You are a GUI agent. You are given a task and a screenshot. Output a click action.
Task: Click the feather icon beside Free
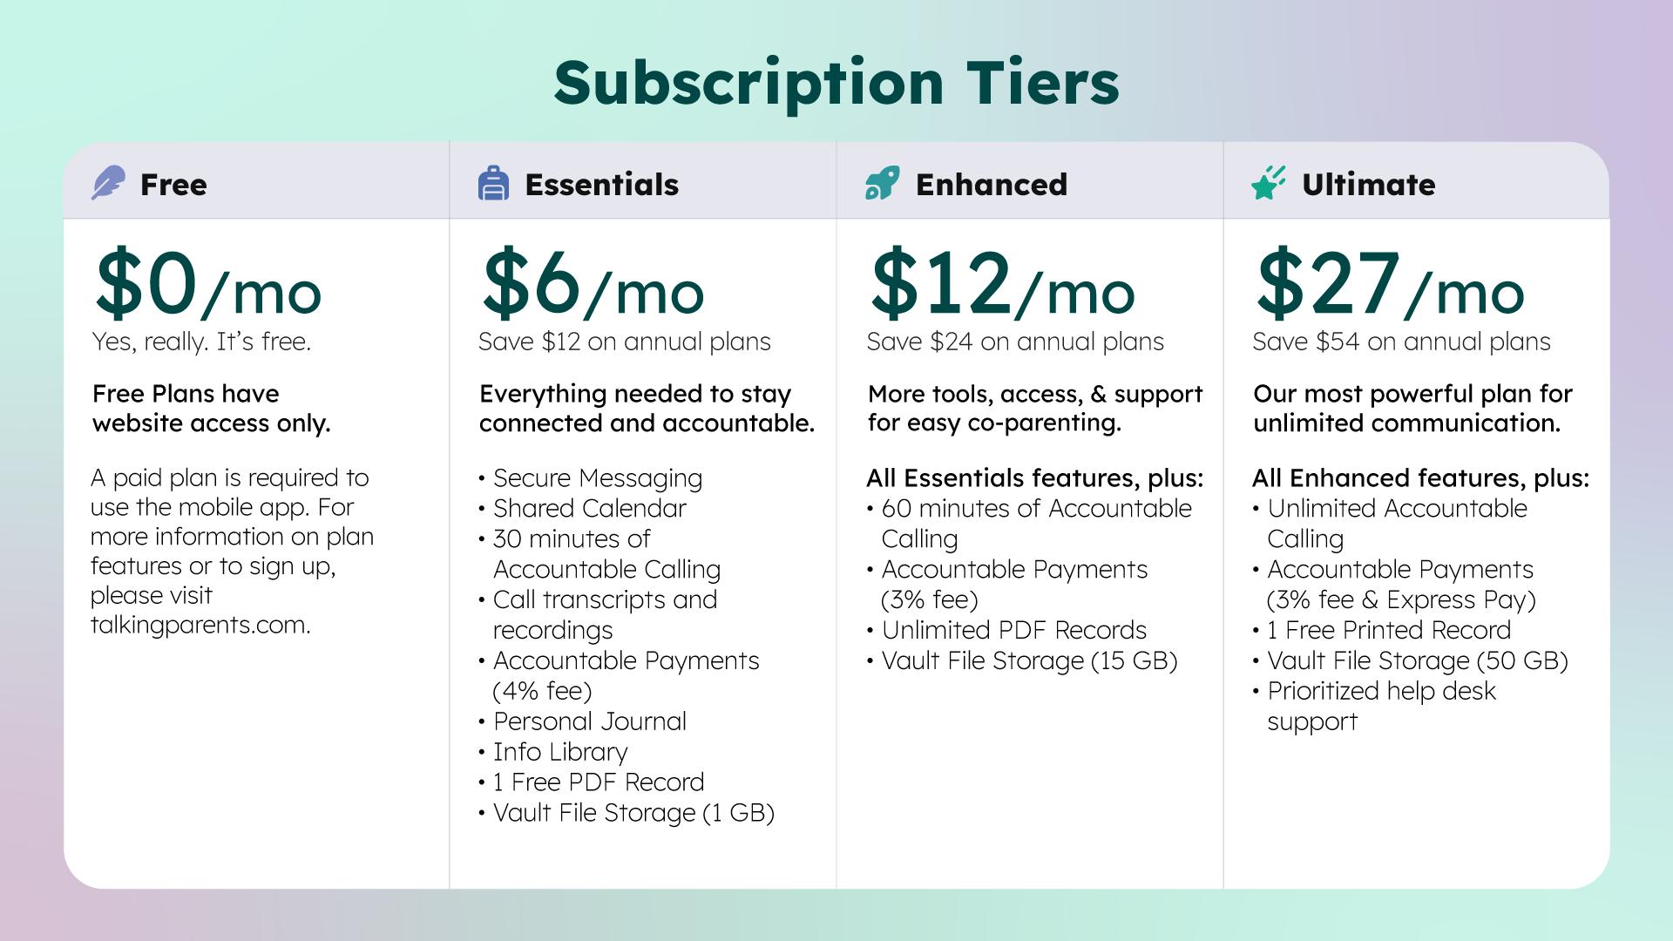[x=108, y=183]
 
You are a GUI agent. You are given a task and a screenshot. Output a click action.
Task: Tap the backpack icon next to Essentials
[x=493, y=183]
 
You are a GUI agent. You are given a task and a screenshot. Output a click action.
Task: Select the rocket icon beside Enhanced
[x=882, y=183]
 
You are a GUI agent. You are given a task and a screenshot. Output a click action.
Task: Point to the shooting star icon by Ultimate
[x=1268, y=183]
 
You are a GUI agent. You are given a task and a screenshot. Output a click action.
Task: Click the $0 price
[x=146, y=282]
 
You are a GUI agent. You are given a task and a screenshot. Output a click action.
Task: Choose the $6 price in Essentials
[x=532, y=282]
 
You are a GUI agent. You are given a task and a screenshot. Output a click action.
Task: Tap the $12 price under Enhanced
[x=940, y=282]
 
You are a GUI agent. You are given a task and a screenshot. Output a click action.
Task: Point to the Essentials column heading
[x=601, y=184]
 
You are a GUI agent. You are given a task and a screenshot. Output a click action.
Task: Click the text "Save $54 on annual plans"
[x=1401, y=342]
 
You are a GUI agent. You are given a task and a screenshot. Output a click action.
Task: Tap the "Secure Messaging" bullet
[x=597, y=478]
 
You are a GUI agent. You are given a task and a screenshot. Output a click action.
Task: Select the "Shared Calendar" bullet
[x=589, y=508]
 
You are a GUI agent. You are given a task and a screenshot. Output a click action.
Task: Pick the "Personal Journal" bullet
[x=589, y=721]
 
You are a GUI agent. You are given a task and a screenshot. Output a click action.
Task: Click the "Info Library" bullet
[x=559, y=752]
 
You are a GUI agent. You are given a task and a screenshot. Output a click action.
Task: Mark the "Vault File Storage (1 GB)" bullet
[x=633, y=813]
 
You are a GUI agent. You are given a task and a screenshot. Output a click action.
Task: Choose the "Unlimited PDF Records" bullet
[x=1013, y=630]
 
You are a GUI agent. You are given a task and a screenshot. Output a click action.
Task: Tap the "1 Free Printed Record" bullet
[x=1389, y=630]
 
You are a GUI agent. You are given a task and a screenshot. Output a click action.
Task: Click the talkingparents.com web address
[x=200, y=625]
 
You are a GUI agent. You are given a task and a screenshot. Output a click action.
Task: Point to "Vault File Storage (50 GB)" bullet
[x=1418, y=660]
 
